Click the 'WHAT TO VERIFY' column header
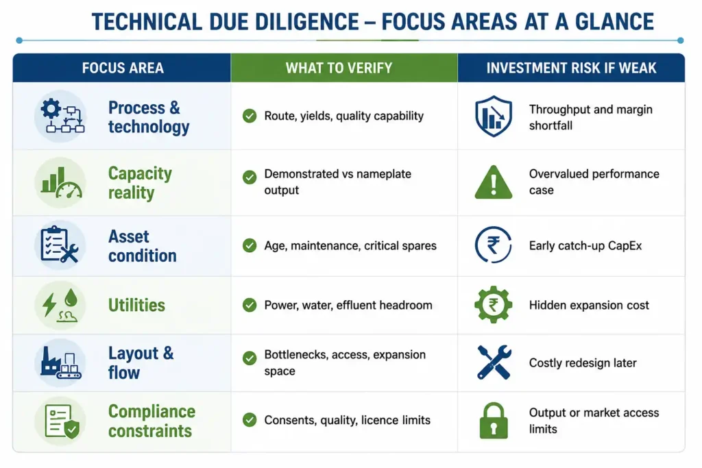click(x=339, y=68)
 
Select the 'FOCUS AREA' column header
click(x=123, y=68)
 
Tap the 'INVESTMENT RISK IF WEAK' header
click(x=571, y=68)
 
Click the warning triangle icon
click(x=494, y=182)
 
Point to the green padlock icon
click(x=494, y=421)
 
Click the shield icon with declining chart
click(x=494, y=116)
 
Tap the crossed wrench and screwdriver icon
click(x=494, y=362)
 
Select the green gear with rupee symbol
click(x=494, y=305)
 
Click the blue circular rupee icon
click(x=493, y=245)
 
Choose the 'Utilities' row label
click(x=136, y=305)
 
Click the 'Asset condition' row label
click(x=143, y=246)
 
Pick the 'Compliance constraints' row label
click(x=152, y=421)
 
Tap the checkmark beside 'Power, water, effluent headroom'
click(x=250, y=305)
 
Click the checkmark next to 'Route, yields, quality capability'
click(x=250, y=116)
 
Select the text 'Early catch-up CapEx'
click(x=585, y=245)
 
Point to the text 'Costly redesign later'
click(x=583, y=363)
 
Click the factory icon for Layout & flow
click(x=61, y=362)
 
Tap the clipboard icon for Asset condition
click(x=59, y=245)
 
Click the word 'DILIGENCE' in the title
click(x=306, y=21)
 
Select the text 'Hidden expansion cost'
click(x=589, y=305)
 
